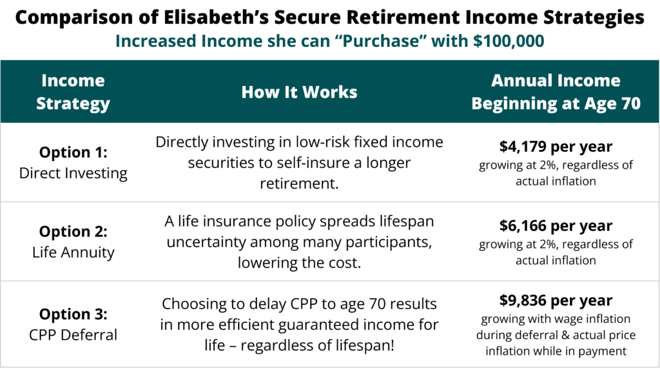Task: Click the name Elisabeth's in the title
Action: [x=215, y=17]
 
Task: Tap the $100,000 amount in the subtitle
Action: [x=509, y=41]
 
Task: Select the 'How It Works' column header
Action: [x=299, y=92]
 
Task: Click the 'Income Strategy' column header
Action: [x=73, y=92]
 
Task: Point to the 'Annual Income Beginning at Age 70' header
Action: [x=556, y=92]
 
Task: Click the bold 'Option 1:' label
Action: [x=73, y=152]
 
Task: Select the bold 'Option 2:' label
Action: [x=73, y=232]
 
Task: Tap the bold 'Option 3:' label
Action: [x=73, y=314]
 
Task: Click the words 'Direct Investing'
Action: [x=73, y=173]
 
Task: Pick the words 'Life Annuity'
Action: [x=73, y=252]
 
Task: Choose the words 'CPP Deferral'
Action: [x=73, y=335]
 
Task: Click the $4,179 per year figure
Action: [x=556, y=147]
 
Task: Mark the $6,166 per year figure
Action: [x=556, y=226]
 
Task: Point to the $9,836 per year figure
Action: [x=556, y=301]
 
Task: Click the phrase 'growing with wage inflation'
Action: [x=556, y=319]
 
